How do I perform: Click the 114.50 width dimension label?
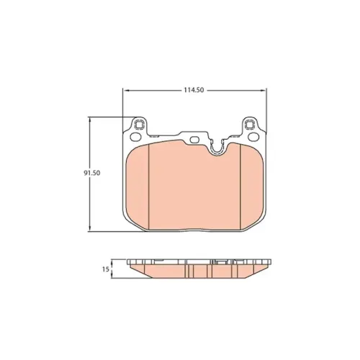[194, 90]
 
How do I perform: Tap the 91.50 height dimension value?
[92, 173]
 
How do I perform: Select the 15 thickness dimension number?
[106, 269]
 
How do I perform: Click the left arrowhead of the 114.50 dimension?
[126, 90]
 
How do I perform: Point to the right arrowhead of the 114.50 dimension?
[264, 90]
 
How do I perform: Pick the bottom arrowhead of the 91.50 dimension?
[90, 228]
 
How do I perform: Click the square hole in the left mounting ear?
[139, 125]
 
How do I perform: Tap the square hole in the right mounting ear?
[250, 125]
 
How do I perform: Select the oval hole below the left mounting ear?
[135, 137]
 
